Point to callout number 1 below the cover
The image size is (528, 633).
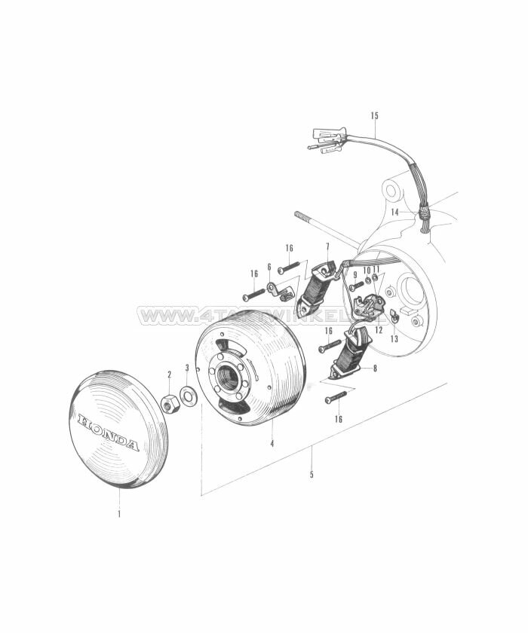tap(118, 515)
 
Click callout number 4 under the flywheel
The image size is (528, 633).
tap(272, 444)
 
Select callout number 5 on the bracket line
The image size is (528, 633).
tap(312, 475)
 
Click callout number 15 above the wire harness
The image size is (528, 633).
tap(375, 115)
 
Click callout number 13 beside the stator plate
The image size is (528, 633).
tap(394, 339)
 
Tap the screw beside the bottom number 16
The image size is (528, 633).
tap(336, 395)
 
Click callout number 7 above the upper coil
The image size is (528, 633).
tap(327, 247)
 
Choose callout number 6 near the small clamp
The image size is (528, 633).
tap(269, 267)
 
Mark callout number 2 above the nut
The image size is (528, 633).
tap(169, 375)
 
